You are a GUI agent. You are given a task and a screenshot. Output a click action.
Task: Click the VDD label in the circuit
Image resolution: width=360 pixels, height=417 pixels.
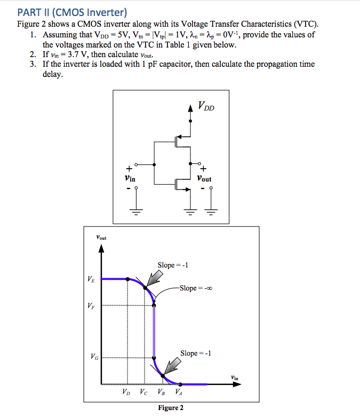[x=206, y=106]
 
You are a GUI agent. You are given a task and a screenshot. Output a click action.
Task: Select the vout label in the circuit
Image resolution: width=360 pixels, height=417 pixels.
[x=204, y=179]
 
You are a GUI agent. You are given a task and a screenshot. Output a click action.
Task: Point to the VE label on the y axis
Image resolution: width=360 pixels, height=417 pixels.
[x=92, y=279]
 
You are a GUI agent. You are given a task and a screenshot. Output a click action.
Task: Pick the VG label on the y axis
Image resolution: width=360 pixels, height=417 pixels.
[x=92, y=357]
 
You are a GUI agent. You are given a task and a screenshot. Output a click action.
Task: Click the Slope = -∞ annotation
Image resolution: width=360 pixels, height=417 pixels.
[x=197, y=288]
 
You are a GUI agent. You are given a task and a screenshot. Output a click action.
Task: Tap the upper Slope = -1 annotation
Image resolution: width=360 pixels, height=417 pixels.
[x=173, y=265]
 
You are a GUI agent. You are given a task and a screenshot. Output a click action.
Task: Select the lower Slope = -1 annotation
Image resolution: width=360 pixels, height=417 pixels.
[x=196, y=353]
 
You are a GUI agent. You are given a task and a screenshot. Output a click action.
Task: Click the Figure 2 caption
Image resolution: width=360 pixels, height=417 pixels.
[x=171, y=408]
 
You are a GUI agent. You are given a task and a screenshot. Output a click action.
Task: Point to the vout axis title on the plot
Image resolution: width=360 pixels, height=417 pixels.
[x=101, y=237]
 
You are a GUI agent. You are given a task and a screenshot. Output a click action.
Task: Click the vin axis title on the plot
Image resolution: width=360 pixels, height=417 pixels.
[x=235, y=377]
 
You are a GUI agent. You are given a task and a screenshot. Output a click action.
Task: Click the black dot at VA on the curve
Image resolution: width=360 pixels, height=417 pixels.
[x=180, y=384]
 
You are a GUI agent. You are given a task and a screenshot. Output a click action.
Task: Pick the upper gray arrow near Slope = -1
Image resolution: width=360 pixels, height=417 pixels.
[x=155, y=277]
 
